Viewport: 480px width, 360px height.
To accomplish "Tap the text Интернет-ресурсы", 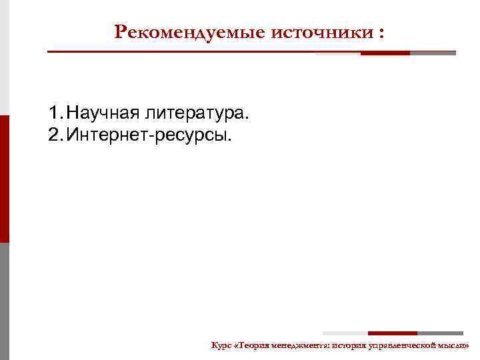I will (151, 136).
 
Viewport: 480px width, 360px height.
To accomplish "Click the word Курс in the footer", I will (221, 345).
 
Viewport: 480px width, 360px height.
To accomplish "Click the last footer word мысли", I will (456, 345).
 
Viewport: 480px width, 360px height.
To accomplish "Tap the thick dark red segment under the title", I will (385, 53).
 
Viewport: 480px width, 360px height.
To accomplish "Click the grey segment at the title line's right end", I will (433, 53).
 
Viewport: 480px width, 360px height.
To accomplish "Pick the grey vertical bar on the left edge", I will (4, 300).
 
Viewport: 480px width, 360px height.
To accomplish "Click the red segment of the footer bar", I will (392, 333).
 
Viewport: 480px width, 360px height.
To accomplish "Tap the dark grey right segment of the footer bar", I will (440, 333).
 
